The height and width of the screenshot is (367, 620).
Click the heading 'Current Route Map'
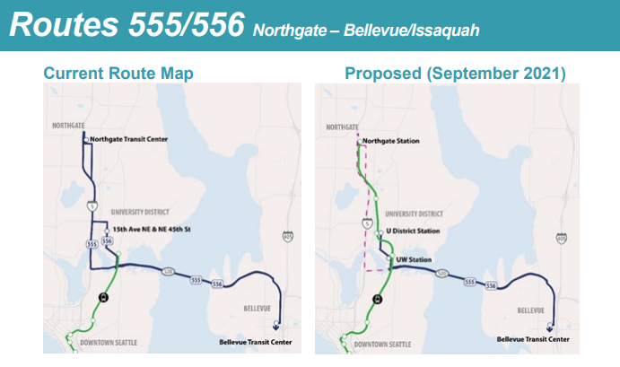(x=118, y=72)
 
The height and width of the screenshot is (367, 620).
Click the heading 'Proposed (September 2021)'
(x=455, y=72)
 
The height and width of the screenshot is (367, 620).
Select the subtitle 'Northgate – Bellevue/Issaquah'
(x=366, y=31)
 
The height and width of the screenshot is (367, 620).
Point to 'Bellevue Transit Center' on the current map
(x=256, y=341)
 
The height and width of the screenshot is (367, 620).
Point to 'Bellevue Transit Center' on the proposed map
(x=533, y=340)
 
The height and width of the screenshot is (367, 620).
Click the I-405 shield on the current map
(x=287, y=236)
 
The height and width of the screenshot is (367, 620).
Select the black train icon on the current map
(x=102, y=299)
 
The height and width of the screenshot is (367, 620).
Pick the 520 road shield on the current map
(x=167, y=270)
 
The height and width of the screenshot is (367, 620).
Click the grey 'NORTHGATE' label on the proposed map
(x=339, y=127)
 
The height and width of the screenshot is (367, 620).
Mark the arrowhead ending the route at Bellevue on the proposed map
(x=550, y=328)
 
